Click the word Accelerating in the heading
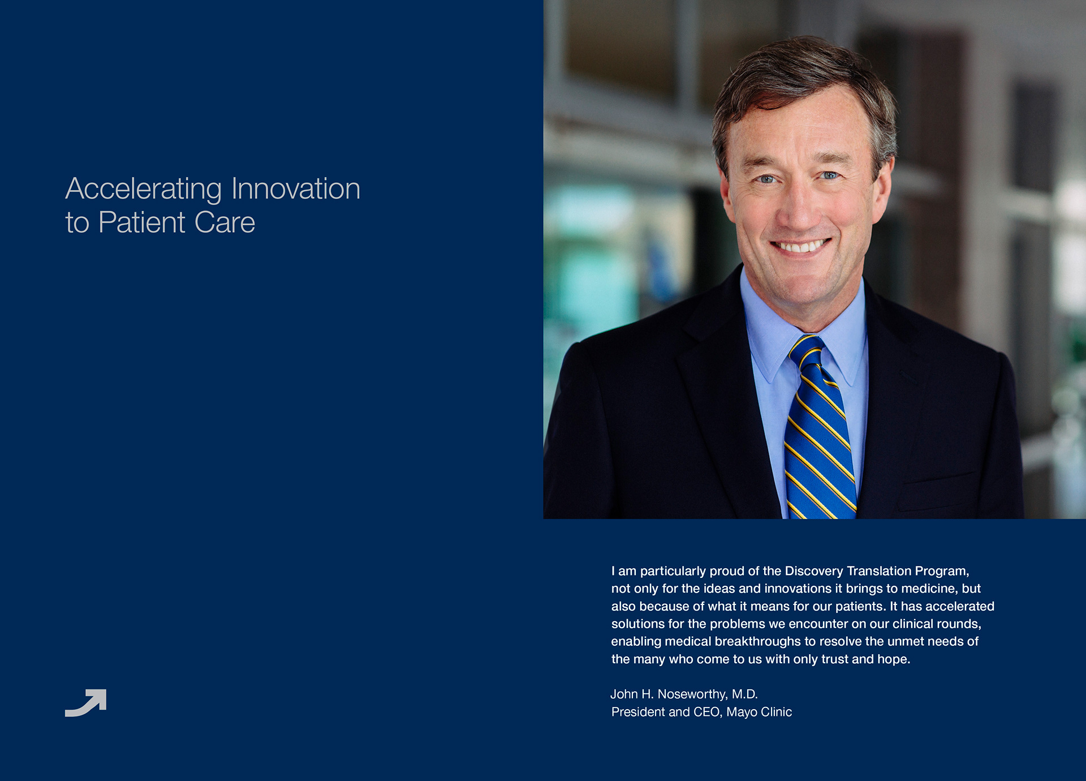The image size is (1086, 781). tap(144, 190)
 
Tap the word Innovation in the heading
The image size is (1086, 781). tap(296, 188)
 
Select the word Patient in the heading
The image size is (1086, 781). tap(142, 222)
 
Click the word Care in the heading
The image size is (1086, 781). tap(225, 222)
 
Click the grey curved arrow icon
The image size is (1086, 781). tap(86, 703)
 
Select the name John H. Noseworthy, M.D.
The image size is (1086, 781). tap(684, 694)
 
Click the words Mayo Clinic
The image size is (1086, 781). tap(759, 712)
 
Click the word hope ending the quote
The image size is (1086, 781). tap(894, 659)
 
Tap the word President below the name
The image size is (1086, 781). tap(638, 712)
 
